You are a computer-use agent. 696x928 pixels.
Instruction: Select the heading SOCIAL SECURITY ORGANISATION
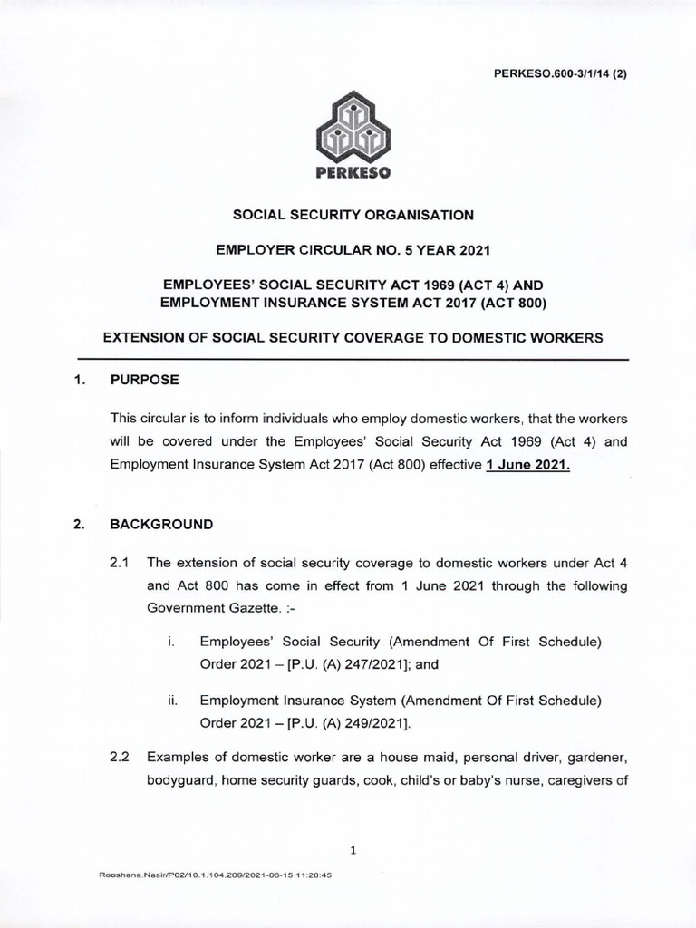(353, 215)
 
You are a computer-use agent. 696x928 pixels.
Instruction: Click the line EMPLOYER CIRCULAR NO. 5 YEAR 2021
(353, 247)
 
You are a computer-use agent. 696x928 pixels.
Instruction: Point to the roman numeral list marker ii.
(172, 701)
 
